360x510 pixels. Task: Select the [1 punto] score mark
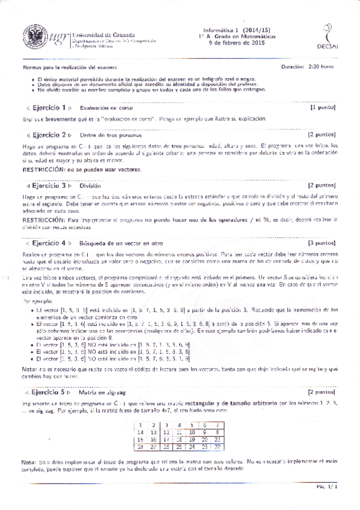click(x=326, y=108)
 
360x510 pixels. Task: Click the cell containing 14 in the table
click(x=141, y=432)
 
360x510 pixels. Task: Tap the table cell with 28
click(x=141, y=448)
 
